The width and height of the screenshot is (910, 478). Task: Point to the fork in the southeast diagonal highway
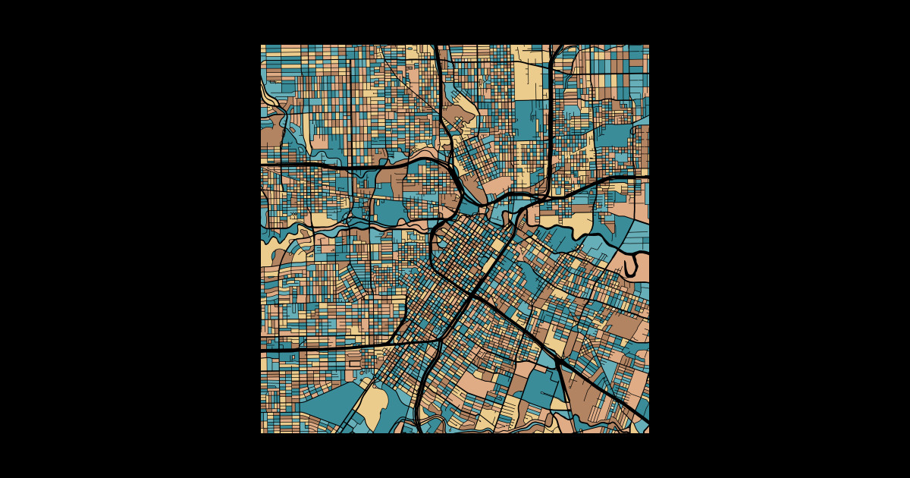tap(556, 360)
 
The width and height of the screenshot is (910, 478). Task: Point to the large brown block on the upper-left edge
tap(270, 137)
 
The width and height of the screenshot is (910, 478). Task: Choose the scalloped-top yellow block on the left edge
tap(270, 254)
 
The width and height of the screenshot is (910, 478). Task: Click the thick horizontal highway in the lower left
tap(326, 348)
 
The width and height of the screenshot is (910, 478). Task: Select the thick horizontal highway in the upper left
tap(303, 164)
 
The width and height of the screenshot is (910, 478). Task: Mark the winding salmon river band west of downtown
tap(356, 225)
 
